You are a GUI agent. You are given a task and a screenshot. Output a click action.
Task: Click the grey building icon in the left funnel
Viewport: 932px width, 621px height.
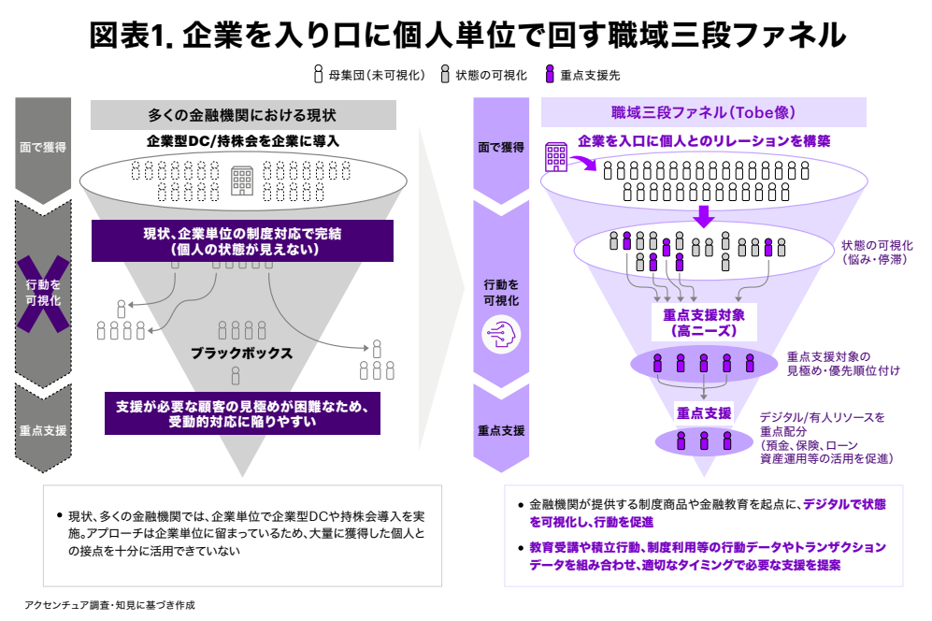[242, 180]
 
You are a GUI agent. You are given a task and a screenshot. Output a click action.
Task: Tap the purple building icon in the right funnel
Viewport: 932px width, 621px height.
[555, 156]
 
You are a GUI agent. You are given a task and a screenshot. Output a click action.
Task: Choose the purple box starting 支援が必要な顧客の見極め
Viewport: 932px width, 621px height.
[242, 413]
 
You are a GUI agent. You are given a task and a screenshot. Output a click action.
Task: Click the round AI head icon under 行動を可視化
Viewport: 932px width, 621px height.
[500, 334]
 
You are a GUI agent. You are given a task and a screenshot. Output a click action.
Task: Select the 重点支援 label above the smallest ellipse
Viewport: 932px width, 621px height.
[703, 412]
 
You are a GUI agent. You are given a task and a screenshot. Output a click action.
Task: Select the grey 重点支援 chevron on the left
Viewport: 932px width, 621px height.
[43, 430]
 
